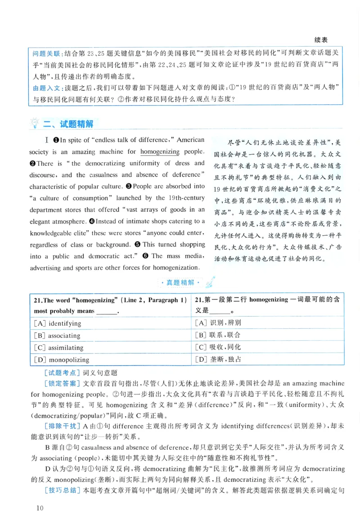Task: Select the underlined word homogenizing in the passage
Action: (x=160, y=152)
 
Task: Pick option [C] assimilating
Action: (x=58, y=348)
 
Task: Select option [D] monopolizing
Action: (x=61, y=360)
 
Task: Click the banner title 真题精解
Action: (x=180, y=282)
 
